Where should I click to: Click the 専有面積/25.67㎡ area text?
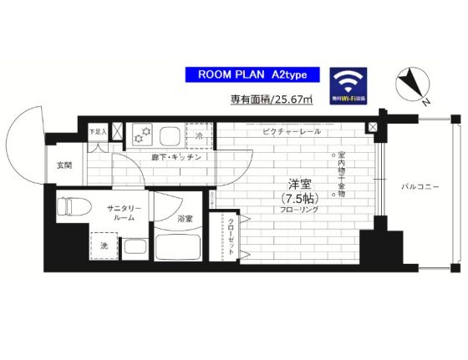[x=272, y=100]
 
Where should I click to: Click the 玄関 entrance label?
[x=64, y=165]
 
